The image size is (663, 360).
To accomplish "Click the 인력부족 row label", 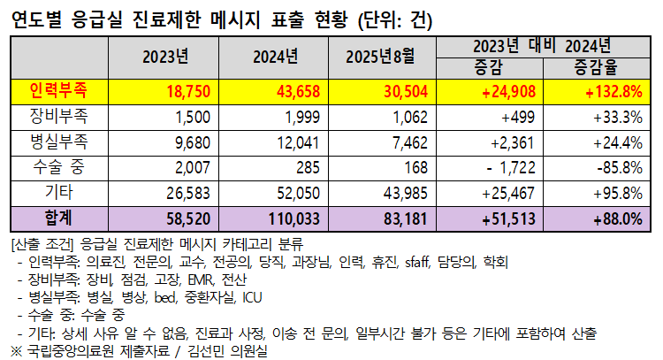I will [57, 90].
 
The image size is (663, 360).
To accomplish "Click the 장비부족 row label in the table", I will [57, 116].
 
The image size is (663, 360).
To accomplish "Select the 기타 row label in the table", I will [57, 192].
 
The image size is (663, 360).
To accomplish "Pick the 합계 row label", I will [57, 218].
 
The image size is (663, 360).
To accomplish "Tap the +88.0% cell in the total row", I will [614, 218].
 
